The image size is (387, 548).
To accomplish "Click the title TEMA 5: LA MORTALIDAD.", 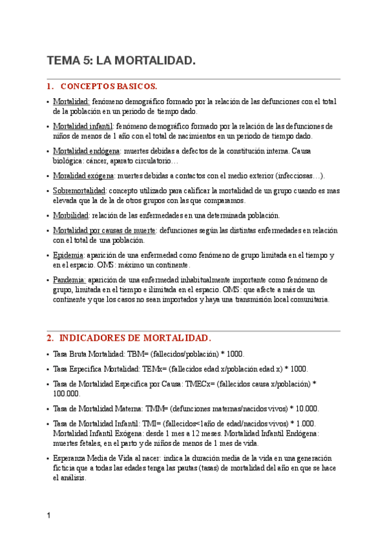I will (121, 61).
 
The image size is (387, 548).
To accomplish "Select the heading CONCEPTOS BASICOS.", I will (109, 86).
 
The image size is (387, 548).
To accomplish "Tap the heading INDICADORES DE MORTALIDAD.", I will (134, 338).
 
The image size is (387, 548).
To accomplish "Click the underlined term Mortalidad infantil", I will (83, 126).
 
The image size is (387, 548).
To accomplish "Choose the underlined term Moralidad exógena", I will (84, 175).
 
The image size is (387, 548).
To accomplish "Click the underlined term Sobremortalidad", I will (79, 191).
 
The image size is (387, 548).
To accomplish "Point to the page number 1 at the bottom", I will (49, 516).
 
